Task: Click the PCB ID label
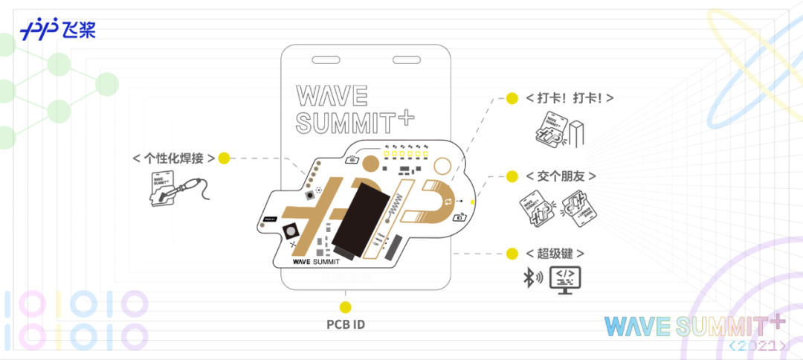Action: (x=346, y=325)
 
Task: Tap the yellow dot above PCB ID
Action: (x=345, y=306)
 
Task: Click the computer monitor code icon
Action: (x=565, y=279)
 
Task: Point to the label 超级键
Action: (x=549, y=254)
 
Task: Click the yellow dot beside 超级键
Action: (x=512, y=254)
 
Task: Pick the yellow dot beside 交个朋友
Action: (x=512, y=176)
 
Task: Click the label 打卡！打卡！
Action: (x=570, y=98)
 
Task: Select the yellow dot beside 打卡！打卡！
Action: (x=512, y=98)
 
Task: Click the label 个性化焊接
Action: (x=174, y=158)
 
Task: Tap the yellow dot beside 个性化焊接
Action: (x=224, y=158)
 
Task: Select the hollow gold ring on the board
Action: (x=443, y=167)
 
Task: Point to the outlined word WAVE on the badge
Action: (x=332, y=96)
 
